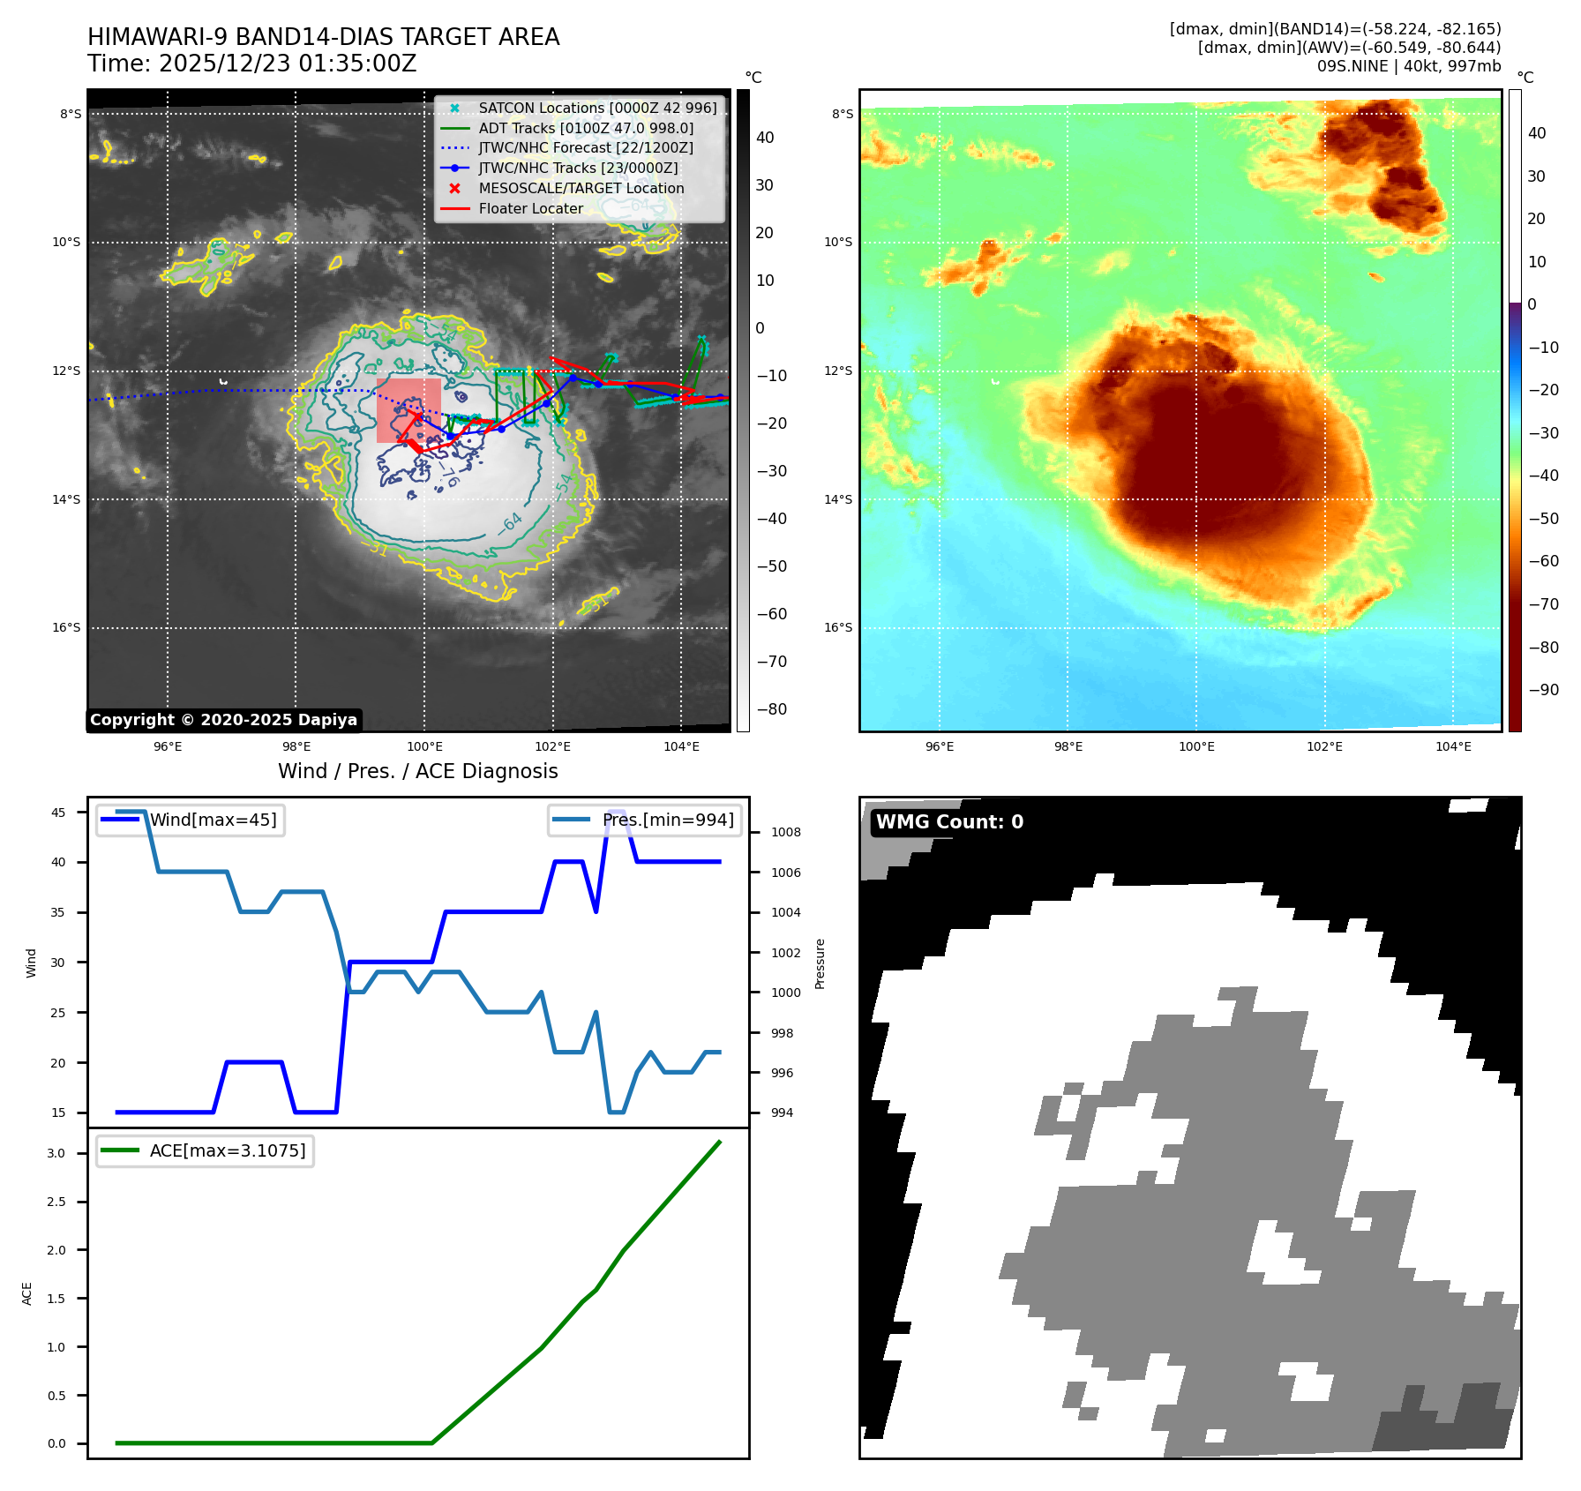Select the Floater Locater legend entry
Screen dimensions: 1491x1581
(530, 208)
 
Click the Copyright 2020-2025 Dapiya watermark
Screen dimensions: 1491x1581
(223, 720)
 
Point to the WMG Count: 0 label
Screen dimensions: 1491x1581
(949, 822)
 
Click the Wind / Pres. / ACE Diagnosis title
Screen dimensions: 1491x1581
(417, 771)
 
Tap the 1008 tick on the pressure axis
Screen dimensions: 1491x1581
(785, 832)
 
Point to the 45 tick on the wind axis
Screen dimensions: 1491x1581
(58, 813)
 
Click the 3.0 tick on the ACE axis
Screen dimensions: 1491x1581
(56, 1153)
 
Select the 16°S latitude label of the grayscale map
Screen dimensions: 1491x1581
(66, 628)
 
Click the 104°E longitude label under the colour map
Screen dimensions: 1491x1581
(1453, 746)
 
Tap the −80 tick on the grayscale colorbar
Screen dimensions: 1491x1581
(771, 709)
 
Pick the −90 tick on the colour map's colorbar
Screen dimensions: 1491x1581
(1543, 690)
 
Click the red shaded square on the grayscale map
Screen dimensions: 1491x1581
(408, 410)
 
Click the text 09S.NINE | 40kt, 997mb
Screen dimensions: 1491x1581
(1408, 66)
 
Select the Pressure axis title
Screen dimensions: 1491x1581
(820, 963)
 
